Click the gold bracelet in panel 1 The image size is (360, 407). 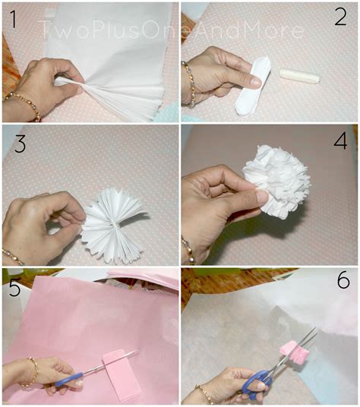coord(23,104)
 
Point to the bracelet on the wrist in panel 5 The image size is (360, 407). coord(32,372)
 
